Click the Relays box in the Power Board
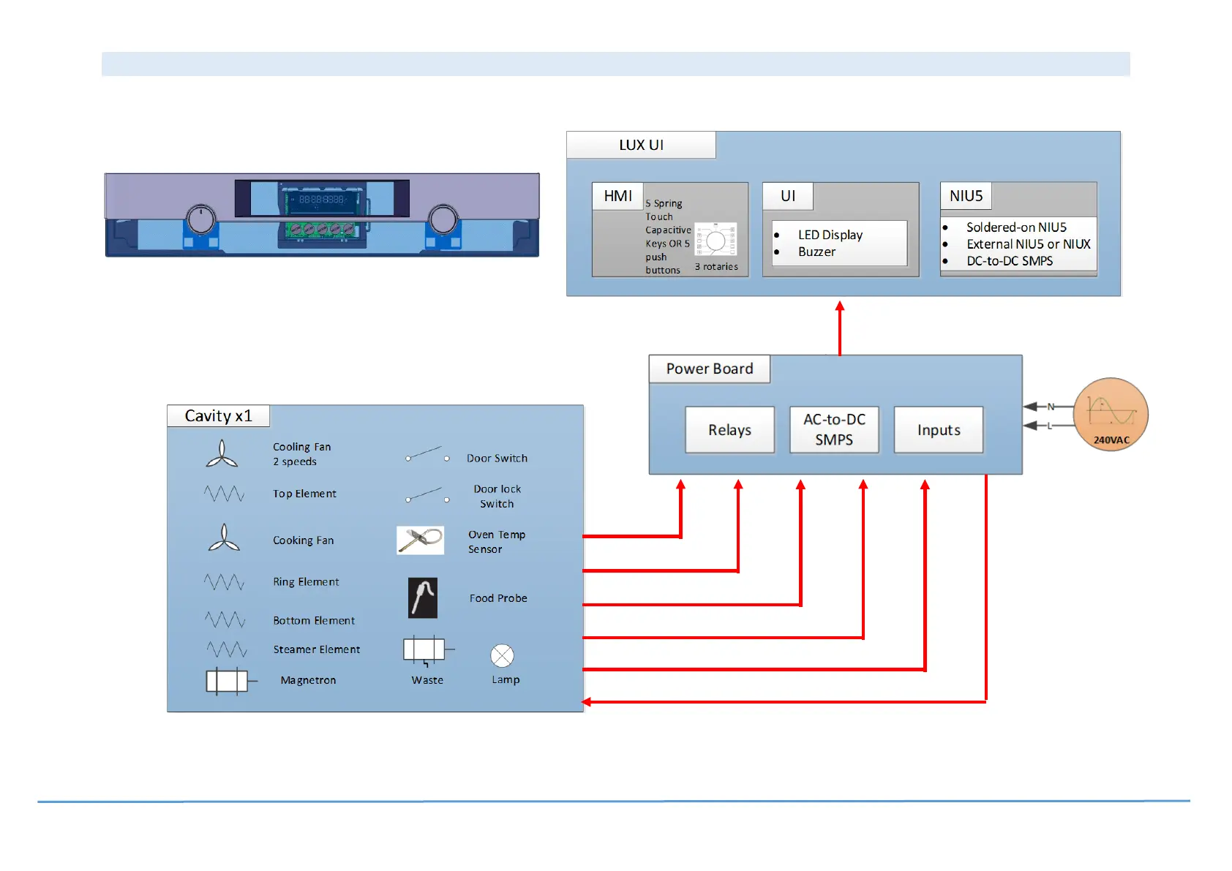729,430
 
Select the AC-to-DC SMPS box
834,430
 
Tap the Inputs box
939,430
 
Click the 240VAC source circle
1111,415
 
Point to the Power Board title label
709,369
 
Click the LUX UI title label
641,145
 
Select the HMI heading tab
617,196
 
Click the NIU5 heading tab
966,196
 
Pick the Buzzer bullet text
816,252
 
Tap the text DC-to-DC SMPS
1010,261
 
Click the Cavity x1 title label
218,416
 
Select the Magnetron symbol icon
227,681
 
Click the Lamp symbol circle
503,656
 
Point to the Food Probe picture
423,598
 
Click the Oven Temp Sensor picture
421,540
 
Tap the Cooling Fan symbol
222,454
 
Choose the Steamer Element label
317,649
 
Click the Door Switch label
497,459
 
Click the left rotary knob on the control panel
201,219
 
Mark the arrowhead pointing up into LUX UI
840,306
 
